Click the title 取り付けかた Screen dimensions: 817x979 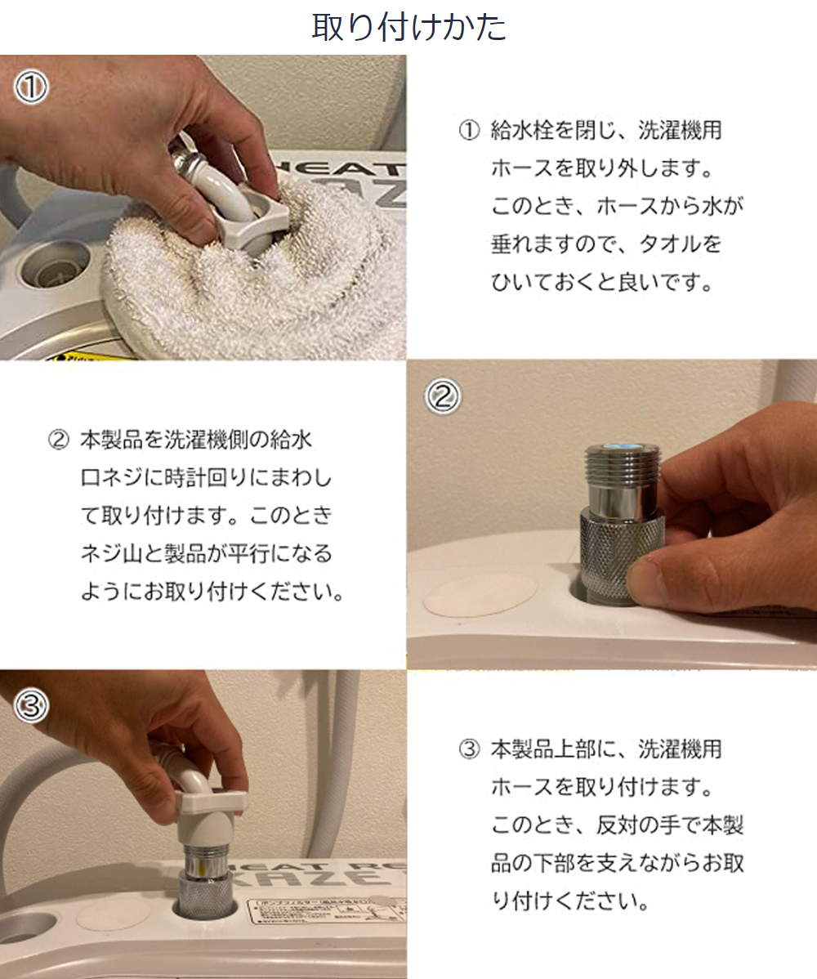[408, 28]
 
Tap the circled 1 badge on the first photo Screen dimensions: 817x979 [31, 87]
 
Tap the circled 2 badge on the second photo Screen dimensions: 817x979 [443, 396]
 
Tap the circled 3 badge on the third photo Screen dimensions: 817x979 [31, 705]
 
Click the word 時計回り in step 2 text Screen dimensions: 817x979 [205, 478]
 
